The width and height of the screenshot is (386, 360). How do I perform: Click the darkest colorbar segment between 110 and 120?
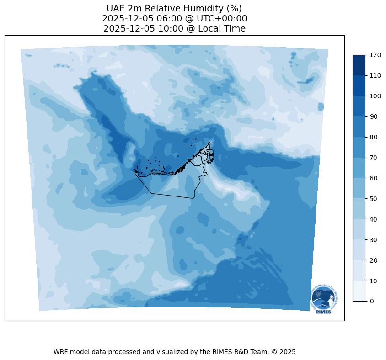pos(359,65)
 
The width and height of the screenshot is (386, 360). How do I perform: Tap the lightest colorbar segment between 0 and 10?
pos(359,291)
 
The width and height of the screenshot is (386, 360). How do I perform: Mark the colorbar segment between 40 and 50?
pos(359,209)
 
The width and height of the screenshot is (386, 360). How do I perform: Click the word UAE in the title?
pos(115,9)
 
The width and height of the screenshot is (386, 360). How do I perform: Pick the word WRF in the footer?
pos(61,352)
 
